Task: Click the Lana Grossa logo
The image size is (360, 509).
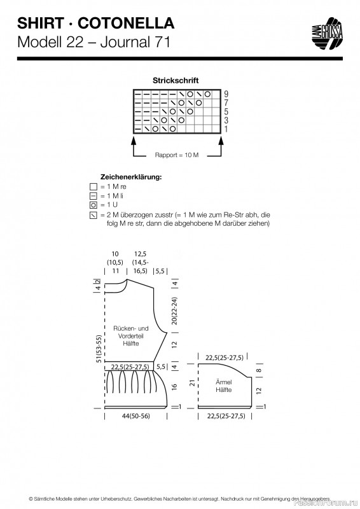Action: pos(327,34)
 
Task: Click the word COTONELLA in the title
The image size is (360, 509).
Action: pos(126,24)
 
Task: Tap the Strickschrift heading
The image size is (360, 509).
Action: pos(176,80)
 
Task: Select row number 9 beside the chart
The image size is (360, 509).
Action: pos(226,94)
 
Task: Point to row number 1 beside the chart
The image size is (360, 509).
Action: pos(226,129)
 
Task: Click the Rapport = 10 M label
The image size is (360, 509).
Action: pos(177,155)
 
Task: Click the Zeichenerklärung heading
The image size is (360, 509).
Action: pos(131,177)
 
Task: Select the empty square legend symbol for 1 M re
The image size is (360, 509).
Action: pos(93,187)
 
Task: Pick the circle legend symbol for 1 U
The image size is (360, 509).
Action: pos(93,205)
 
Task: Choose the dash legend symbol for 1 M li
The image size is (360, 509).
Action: pos(93,196)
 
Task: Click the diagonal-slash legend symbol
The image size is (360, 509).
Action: pos(93,215)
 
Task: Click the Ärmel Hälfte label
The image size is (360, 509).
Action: pos(223,386)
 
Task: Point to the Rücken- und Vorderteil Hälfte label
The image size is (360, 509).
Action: pos(131,336)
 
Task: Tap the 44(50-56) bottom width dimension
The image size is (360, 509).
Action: pos(136,416)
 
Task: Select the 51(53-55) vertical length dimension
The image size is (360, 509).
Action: pos(99,349)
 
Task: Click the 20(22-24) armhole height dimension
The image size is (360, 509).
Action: pos(174,310)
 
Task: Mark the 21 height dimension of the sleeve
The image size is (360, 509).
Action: pos(193,383)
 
